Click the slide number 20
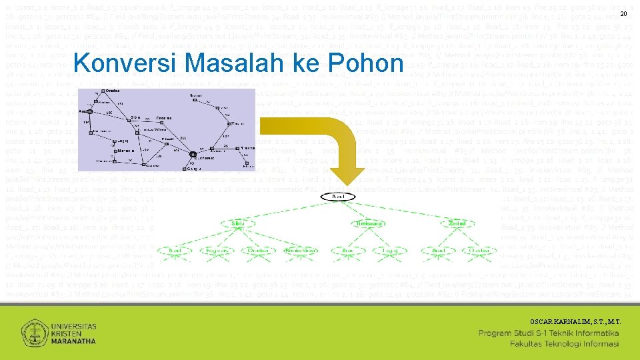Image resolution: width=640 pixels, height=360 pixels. coord(624,15)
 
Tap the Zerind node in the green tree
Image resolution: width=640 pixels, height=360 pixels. coord(457,223)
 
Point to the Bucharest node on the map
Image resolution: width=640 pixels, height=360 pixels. coord(194,155)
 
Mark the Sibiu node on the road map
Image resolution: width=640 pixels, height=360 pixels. coord(126,117)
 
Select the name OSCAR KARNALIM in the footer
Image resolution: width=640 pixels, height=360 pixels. coord(557,321)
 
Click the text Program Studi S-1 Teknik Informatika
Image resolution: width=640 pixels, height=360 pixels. coord(549,333)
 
